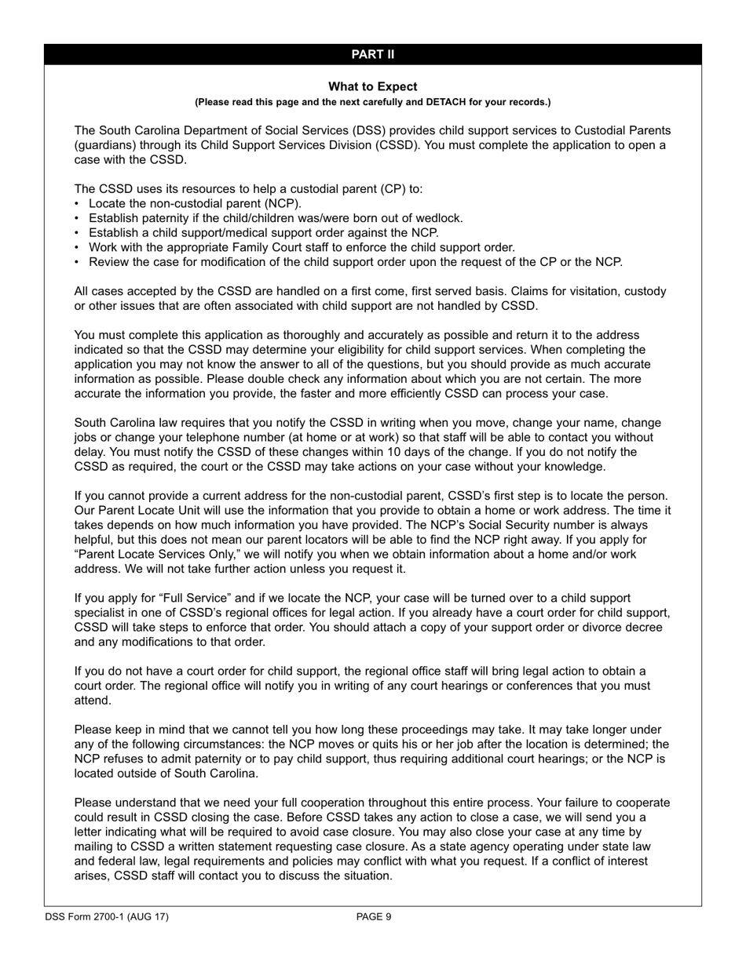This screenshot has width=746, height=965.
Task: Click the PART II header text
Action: point(372,54)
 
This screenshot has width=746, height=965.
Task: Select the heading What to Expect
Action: point(372,86)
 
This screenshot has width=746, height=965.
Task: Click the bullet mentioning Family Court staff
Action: point(302,247)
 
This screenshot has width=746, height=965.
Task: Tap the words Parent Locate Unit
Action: point(137,511)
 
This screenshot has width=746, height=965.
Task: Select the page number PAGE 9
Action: point(373,916)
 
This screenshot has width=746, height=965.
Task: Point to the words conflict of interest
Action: point(593,861)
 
